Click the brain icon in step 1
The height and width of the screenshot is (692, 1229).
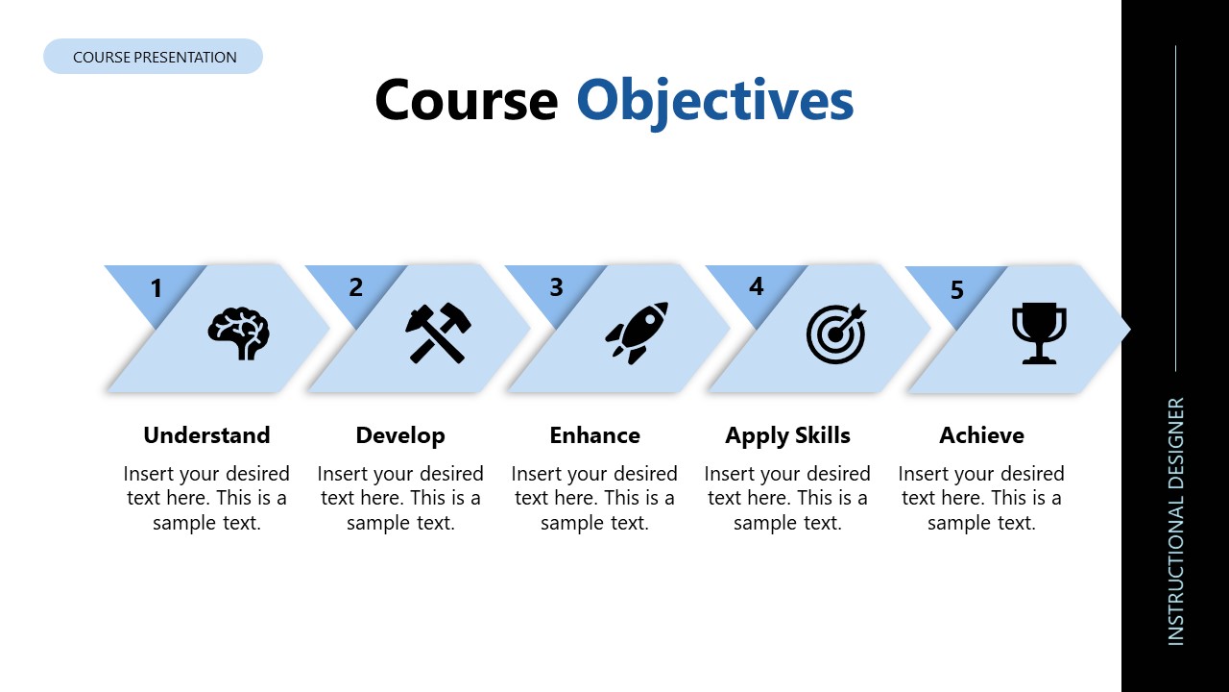(x=239, y=334)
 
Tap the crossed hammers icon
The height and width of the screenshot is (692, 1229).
(x=437, y=333)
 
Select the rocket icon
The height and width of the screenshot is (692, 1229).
(x=637, y=333)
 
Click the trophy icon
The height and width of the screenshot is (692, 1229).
(x=1039, y=334)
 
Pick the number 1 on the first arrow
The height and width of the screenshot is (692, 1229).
(x=157, y=287)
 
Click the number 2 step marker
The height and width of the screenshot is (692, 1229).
(x=356, y=287)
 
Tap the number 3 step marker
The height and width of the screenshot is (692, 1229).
(x=556, y=287)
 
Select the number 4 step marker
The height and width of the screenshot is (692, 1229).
(x=757, y=286)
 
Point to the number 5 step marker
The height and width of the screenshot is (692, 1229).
(x=956, y=289)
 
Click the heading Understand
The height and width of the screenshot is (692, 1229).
(x=206, y=435)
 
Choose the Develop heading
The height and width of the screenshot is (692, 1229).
(x=400, y=435)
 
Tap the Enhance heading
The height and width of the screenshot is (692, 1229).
(x=594, y=435)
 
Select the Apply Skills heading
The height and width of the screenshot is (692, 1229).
(x=787, y=435)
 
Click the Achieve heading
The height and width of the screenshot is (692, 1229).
(x=981, y=435)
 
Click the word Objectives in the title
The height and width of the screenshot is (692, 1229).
(x=714, y=100)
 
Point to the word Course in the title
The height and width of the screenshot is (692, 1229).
(x=466, y=100)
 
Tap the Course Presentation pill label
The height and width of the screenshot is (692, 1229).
(x=154, y=57)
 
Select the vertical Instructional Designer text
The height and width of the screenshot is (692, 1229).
(x=1176, y=521)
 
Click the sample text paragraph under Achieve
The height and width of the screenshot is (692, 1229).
(x=981, y=498)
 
